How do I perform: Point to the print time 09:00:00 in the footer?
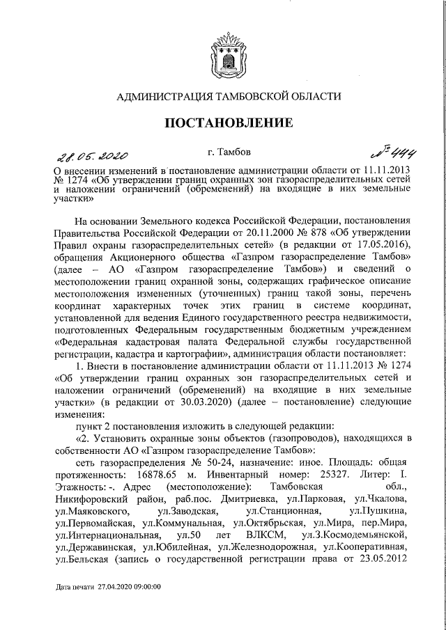click(x=147, y=608)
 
